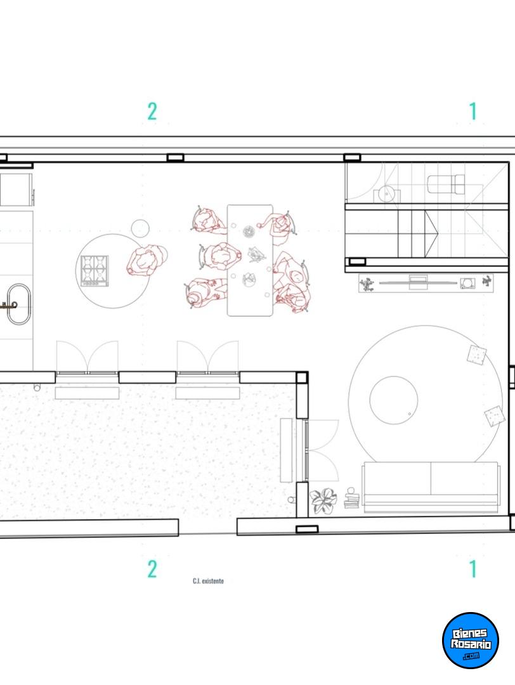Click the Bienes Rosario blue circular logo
pyautogui.click(x=471, y=640)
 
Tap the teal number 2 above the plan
pyautogui.click(x=152, y=112)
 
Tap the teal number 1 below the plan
pyautogui.click(x=473, y=569)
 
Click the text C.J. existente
pyautogui.click(x=209, y=580)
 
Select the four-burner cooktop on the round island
pyautogui.click(x=95, y=271)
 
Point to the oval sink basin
pyautogui.click(x=19, y=304)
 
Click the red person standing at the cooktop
pyautogui.click(x=147, y=261)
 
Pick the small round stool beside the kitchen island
pyautogui.click(x=140, y=228)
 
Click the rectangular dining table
pyautogui.click(x=250, y=260)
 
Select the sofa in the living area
pyautogui.click(x=431, y=486)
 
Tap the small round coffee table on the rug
pyautogui.click(x=394, y=400)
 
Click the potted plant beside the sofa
pyautogui.click(x=323, y=500)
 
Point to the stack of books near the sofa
pyautogui.click(x=351, y=499)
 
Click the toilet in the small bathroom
pyautogui.click(x=446, y=184)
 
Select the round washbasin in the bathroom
pyautogui.click(x=387, y=193)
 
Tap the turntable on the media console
pyautogui.click(x=467, y=283)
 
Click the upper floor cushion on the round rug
pyautogui.click(x=476, y=355)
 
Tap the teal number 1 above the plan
pyautogui.click(x=473, y=112)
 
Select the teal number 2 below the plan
pyautogui.click(x=152, y=569)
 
